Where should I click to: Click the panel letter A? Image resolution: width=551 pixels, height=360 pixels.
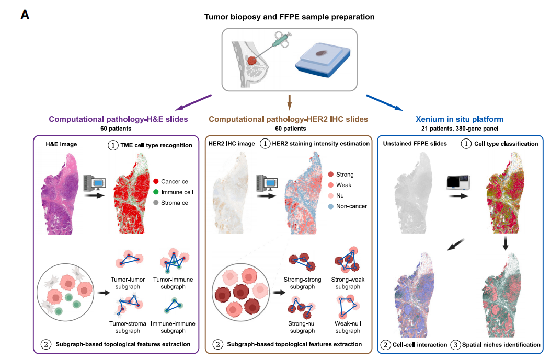tap(25, 15)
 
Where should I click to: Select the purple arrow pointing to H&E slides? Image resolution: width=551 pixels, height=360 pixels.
tap(193, 102)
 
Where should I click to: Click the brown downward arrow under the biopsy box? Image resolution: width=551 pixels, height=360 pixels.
tap(289, 102)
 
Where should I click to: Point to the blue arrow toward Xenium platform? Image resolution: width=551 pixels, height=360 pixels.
tap(384, 102)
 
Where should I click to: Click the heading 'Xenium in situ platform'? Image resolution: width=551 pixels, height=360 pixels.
tap(460, 119)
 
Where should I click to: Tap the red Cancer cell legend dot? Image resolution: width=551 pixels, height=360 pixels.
tap(156, 182)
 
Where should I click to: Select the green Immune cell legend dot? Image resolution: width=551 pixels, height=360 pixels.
tap(156, 192)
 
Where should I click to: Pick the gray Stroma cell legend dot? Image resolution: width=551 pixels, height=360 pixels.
tap(156, 203)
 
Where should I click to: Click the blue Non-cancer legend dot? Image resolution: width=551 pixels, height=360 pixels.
tap(331, 206)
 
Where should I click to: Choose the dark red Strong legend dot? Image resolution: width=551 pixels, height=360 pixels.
tap(331, 174)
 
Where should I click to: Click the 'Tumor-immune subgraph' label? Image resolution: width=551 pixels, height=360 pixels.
tap(173, 283)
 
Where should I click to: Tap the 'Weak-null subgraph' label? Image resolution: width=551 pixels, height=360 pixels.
tap(348, 327)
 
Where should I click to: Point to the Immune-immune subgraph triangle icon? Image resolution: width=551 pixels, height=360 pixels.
tap(173, 306)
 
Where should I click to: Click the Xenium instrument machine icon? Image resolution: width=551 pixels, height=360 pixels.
tap(458, 183)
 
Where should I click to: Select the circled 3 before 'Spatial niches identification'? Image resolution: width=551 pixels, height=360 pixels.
tap(455, 345)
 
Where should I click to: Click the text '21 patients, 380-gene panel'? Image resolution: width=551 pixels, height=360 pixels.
tap(460, 129)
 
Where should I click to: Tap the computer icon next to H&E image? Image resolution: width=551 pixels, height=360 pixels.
tap(95, 183)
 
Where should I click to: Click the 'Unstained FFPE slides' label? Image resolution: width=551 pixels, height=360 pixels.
tap(415, 144)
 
